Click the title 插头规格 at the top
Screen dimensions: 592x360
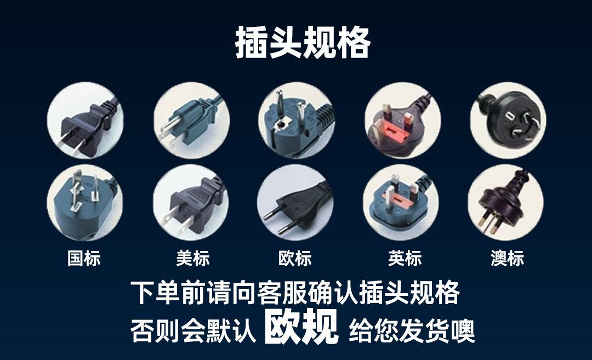(x=303, y=42)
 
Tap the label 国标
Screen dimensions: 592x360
(x=84, y=259)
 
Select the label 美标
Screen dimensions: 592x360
(x=192, y=259)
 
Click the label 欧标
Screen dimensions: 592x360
(x=295, y=259)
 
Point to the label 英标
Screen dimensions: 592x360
(x=405, y=259)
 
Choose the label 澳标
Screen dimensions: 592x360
(x=507, y=259)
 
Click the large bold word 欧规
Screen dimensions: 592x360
(x=301, y=327)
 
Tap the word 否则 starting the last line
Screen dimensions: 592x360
(x=155, y=331)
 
